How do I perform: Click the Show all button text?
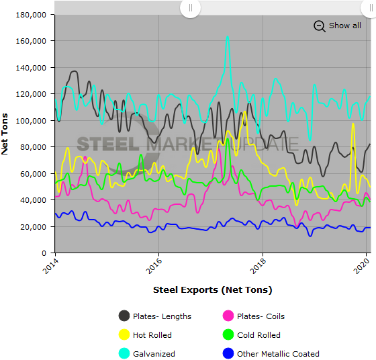(x=344, y=26)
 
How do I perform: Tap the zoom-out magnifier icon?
(x=319, y=26)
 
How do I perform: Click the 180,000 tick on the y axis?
(x=31, y=14)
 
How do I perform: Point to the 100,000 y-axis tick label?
(x=31, y=120)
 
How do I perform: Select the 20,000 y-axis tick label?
(x=33, y=226)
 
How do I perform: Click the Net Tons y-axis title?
(x=5, y=134)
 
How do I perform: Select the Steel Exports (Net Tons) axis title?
(x=212, y=290)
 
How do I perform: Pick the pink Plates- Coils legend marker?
(x=228, y=316)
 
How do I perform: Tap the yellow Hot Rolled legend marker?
(x=124, y=335)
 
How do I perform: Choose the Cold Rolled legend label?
(x=258, y=335)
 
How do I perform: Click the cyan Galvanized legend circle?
(x=124, y=354)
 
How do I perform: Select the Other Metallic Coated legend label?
(x=278, y=354)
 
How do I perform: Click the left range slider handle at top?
(x=191, y=8)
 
